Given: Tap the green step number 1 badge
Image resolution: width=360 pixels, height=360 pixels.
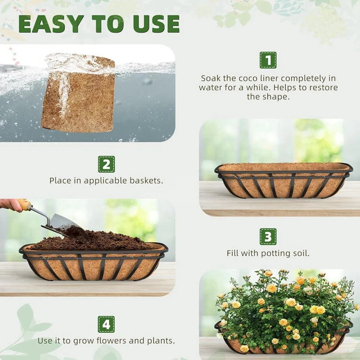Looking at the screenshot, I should tap(268, 60).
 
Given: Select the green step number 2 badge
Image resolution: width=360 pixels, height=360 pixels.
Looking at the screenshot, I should tap(106, 164).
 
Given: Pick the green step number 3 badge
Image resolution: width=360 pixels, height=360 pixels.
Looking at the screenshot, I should tap(268, 237).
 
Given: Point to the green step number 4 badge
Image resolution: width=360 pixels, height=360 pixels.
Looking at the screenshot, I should tap(106, 324).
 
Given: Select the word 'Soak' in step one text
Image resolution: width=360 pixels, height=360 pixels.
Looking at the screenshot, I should tap(211, 78).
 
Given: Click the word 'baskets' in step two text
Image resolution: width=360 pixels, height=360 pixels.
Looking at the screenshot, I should tap(147, 180).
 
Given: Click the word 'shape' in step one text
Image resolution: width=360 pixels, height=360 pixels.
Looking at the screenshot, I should tap(276, 96).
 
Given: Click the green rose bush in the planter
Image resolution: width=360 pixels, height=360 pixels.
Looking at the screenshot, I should tap(283, 306).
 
